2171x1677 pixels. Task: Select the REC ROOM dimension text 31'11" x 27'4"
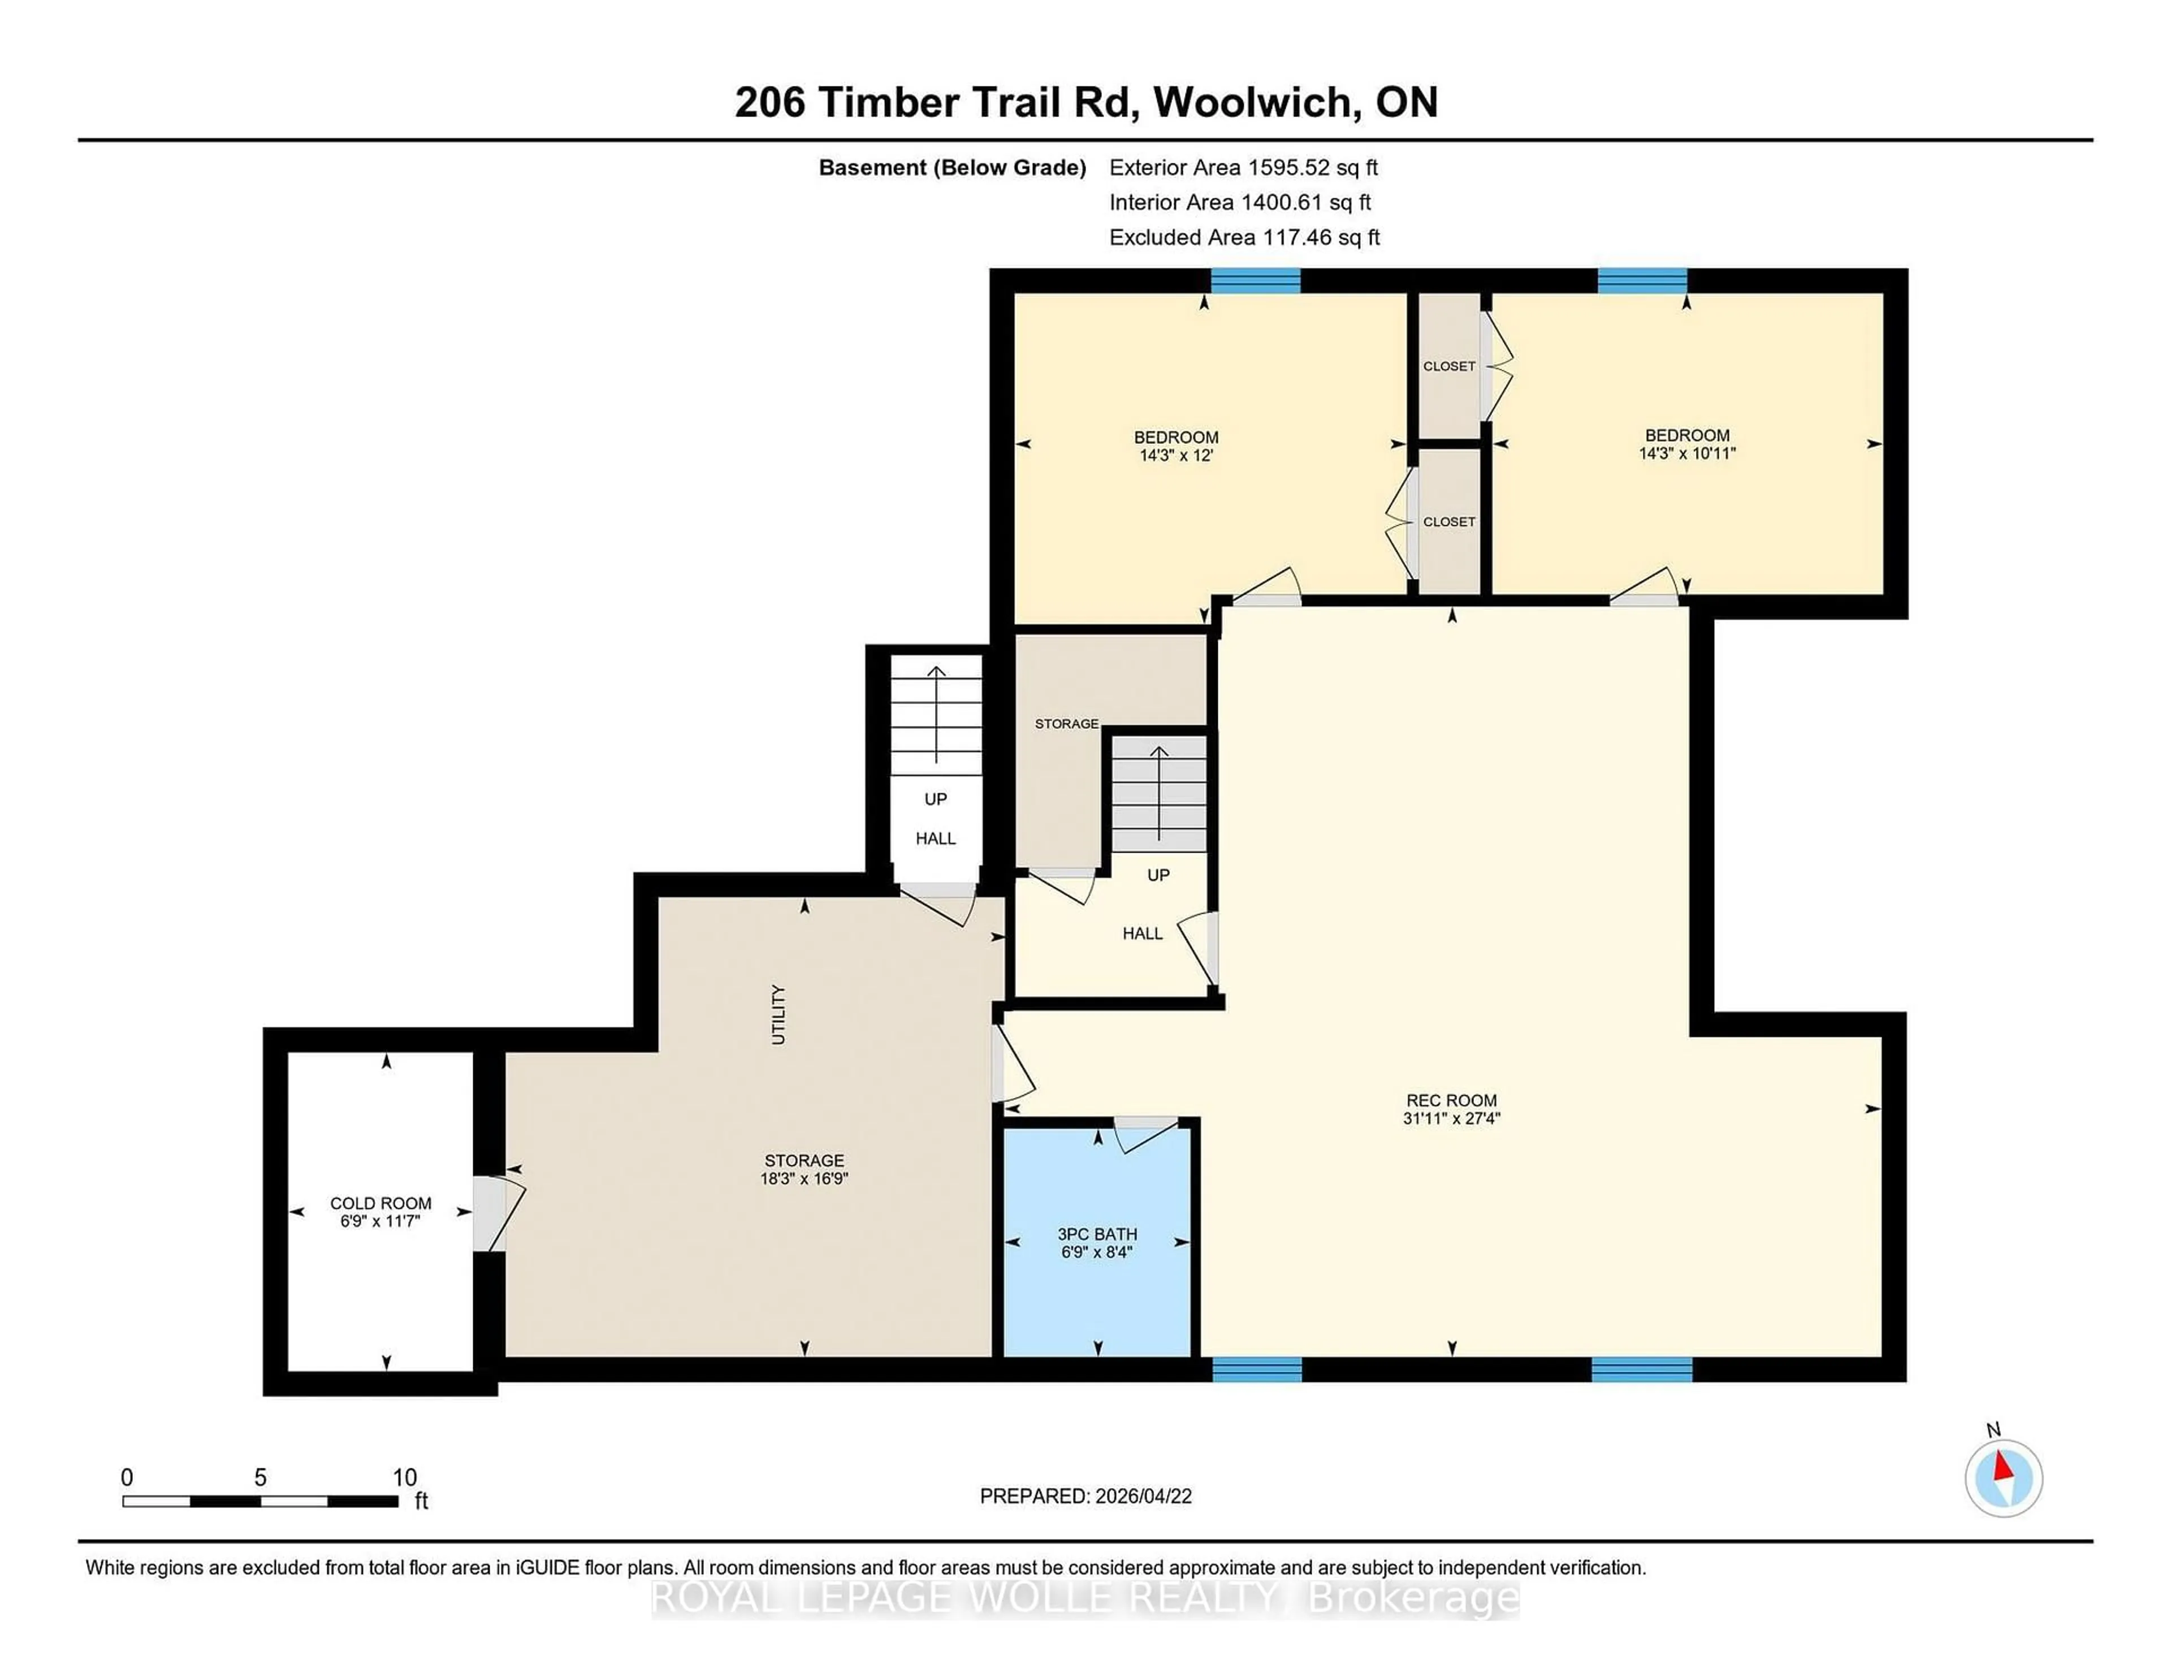point(1451,1118)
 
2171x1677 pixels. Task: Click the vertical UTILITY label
point(779,1014)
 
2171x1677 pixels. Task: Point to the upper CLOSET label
point(1448,366)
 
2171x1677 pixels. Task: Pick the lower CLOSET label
point(1448,522)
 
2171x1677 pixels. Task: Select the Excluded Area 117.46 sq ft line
point(1244,236)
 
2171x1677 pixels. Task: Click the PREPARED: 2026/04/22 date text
point(1085,1496)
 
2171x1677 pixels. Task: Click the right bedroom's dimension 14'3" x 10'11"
point(1687,453)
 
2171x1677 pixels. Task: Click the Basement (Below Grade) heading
point(952,167)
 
